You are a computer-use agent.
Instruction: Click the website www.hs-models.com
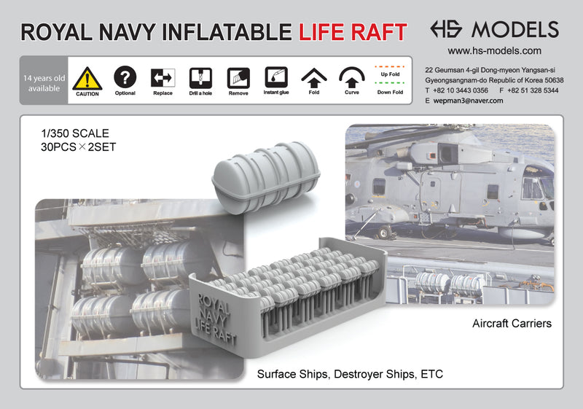click(493, 51)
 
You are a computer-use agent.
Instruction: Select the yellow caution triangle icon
click(87, 78)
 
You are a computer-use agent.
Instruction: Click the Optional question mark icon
click(125, 77)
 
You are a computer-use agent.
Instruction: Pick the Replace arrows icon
click(163, 77)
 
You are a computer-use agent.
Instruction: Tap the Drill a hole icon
click(200, 77)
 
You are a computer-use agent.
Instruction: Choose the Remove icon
click(238, 77)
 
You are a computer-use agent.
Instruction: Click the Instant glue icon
click(276, 77)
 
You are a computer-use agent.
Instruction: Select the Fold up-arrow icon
click(314, 77)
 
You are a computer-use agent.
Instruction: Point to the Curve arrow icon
click(352, 77)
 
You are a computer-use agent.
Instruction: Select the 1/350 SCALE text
click(75, 133)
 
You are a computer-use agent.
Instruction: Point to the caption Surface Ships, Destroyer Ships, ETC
click(350, 374)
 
